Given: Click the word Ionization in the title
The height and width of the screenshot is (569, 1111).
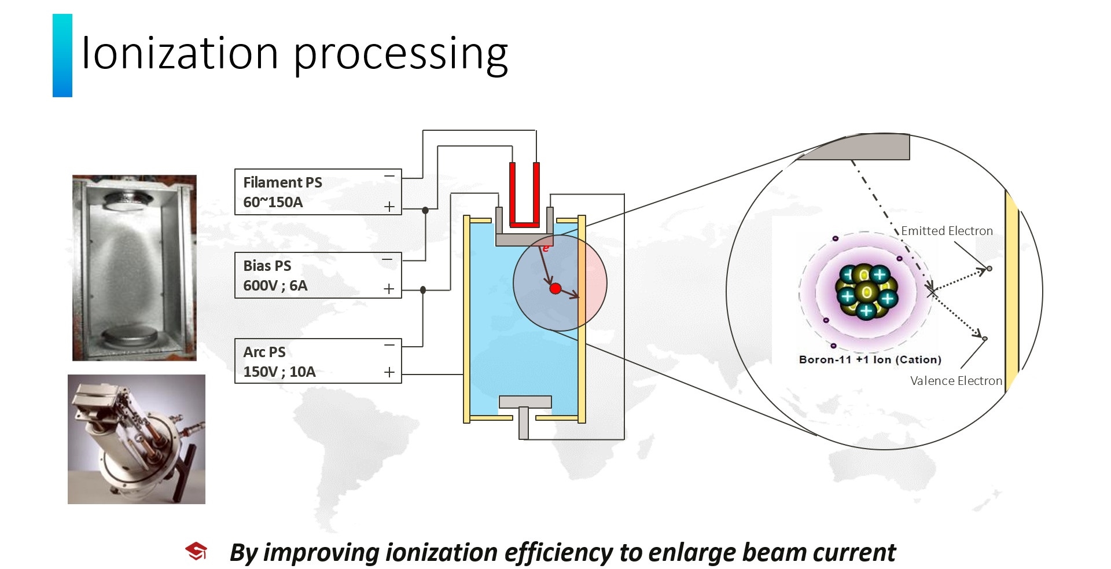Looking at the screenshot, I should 180,53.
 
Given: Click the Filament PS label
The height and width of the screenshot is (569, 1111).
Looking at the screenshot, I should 282,182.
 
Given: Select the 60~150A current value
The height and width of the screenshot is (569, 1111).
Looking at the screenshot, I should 273,203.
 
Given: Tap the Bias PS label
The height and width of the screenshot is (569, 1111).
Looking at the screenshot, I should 267,266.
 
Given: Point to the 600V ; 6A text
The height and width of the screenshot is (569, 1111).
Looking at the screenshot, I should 275,285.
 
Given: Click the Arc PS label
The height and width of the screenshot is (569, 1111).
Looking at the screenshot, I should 264,352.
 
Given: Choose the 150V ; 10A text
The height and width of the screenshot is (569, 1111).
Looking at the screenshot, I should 279,372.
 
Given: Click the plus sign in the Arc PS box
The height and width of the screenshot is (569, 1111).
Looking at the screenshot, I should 389,372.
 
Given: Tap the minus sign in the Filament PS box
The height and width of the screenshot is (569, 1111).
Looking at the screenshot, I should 389,176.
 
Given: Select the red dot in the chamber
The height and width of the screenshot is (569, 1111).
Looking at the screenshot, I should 555,288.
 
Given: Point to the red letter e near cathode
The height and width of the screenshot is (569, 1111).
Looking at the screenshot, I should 545,248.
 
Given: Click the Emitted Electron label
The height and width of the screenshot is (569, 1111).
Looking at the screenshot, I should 946,231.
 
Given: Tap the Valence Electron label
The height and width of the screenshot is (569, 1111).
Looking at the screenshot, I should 955,381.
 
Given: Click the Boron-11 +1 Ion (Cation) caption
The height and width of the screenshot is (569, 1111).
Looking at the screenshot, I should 870,359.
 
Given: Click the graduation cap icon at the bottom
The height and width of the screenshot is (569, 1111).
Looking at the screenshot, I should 196,552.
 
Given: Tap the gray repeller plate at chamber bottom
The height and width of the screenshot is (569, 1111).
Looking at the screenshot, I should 525,402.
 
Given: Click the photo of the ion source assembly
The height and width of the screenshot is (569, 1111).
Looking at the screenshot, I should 137,439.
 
